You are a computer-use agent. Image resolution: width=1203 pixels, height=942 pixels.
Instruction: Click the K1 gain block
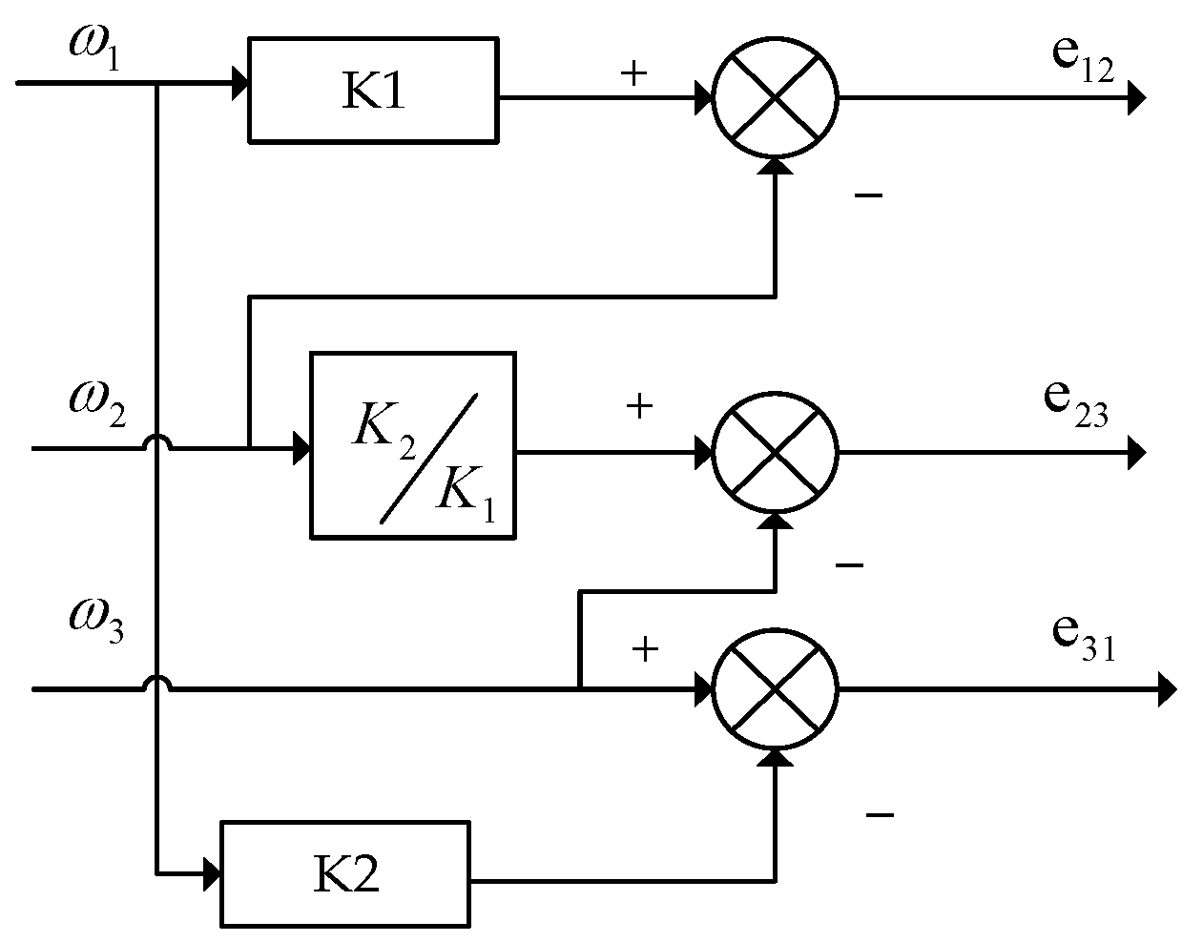point(372,91)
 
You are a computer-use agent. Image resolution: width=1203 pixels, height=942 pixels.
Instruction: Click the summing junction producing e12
point(775,96)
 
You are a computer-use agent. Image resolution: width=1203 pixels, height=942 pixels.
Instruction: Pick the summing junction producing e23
point(775,451)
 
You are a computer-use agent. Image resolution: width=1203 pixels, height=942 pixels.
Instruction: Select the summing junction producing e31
point(775,688)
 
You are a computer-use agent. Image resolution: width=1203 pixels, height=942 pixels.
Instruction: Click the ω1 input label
point(94,44)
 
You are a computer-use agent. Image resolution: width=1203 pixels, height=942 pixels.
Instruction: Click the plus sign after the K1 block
point(633,74)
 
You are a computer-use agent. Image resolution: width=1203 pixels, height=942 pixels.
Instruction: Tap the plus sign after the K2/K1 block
point(639,407)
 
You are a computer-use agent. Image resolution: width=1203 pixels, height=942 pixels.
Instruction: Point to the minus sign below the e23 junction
point(848,565)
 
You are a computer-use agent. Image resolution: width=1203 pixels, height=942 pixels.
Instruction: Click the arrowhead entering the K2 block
point(212,871)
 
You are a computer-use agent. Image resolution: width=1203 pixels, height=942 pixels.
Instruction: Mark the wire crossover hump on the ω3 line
point(156,682)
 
